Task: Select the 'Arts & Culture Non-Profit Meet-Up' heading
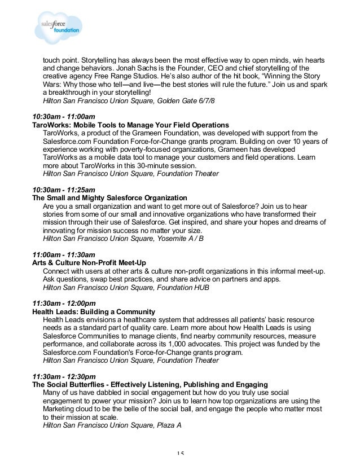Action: coord(89,263)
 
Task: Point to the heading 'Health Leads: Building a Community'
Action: coord(94,312)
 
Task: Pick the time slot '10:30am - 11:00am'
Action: coord(64,115)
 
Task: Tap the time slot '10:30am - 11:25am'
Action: coord(64,190)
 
